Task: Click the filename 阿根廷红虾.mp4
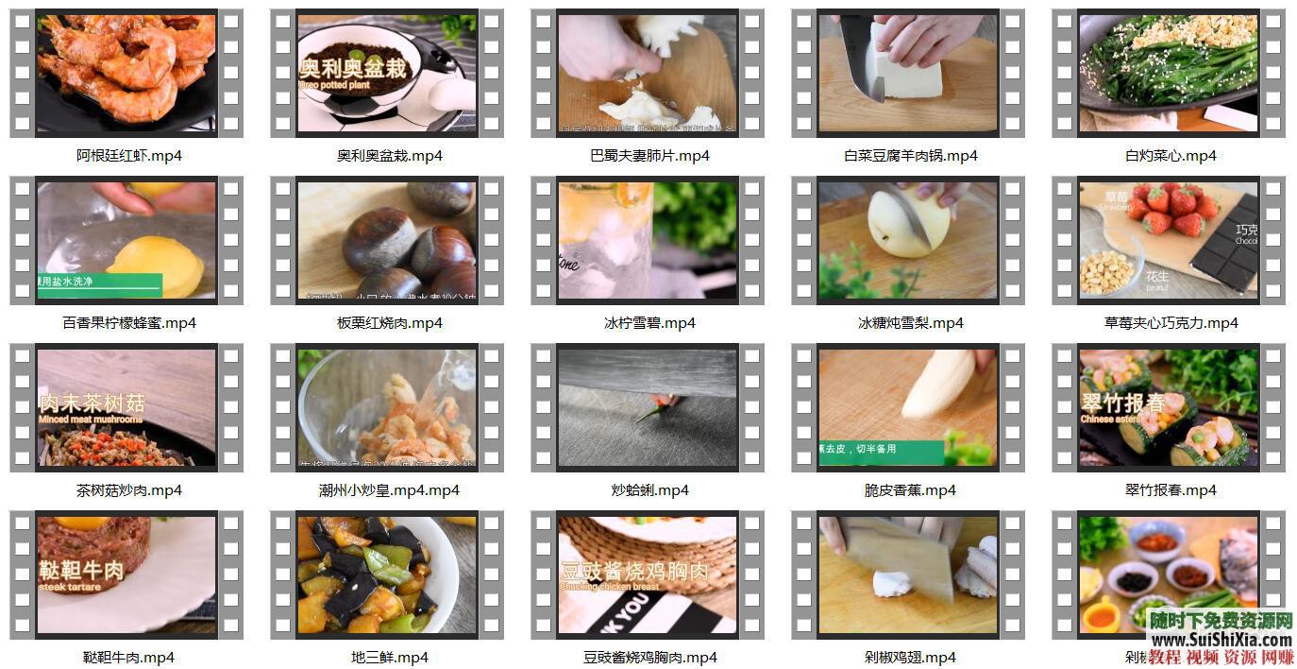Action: coord(129,156)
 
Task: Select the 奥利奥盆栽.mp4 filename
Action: coord(390,156)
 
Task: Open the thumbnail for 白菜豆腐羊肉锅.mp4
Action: coord(907,73)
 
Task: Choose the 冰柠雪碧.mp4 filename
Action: coord(649,323)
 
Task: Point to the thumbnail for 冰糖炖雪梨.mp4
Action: coord(907,240)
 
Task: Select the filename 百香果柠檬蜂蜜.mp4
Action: coord(129,323)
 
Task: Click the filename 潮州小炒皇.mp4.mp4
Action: coord(389,490)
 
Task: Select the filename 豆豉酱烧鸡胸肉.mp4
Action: coord(650,658)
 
